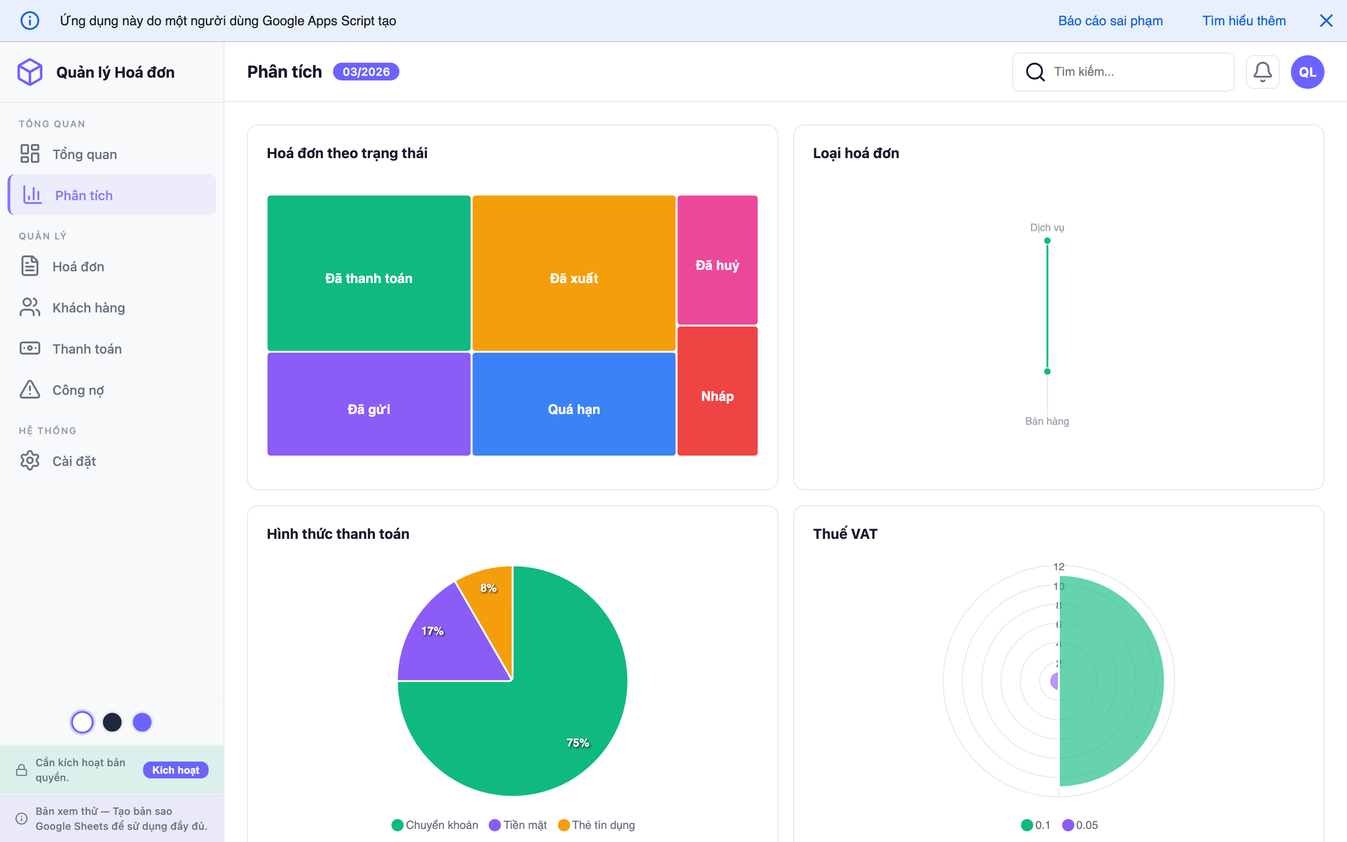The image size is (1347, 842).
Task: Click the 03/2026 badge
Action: point(366,72)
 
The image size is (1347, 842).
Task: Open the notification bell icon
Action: point(1262,72)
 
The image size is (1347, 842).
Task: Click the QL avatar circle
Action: point(1307,72)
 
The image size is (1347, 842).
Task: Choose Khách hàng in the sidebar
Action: point(88,307)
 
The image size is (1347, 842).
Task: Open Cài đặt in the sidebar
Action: point(74,461)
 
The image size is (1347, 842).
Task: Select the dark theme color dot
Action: point(112,722)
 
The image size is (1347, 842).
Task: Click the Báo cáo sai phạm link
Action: point(1110,21)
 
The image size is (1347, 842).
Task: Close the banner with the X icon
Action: point(1326,21)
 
